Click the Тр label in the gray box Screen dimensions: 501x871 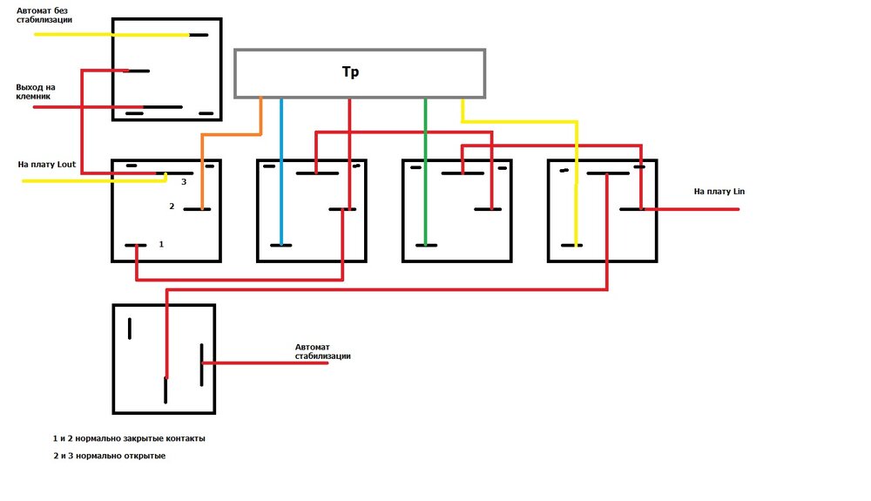tap(350, 72)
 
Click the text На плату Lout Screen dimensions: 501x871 tap(47, 164)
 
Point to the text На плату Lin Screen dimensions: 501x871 tap(719, 191)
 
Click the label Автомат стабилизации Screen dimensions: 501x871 tap(323, 352)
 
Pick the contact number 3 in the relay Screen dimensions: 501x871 tap(184, 182)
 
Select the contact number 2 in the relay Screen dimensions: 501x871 tap(172, 206)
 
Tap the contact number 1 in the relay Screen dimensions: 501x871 tap(161, 245)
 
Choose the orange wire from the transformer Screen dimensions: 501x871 tap(231, 135)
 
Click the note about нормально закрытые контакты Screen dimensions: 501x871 tap(129, 438)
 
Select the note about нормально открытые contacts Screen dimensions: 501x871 tap(109, 456)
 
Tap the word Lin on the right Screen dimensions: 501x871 tap(738, 191)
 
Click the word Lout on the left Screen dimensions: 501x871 tap(66, 164)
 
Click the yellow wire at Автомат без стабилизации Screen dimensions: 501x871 tap(105, 35)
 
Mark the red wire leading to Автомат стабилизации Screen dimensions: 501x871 tap(261, 362)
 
